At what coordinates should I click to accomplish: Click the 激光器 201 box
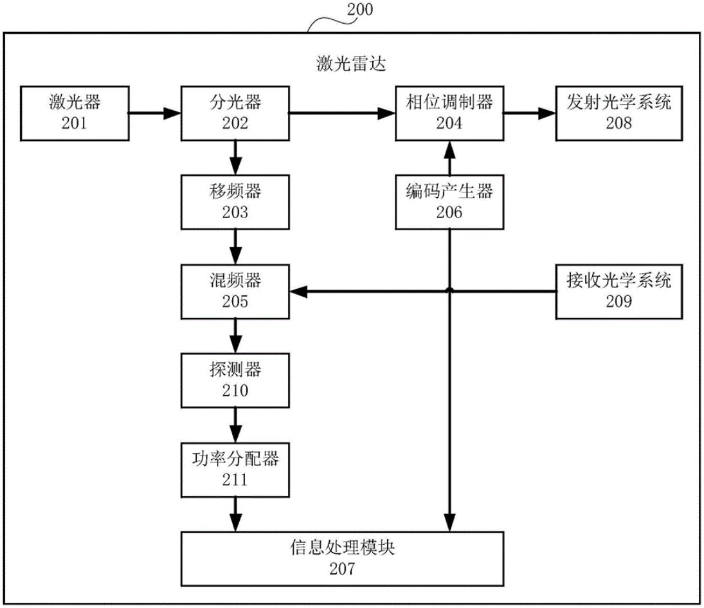point(75,115)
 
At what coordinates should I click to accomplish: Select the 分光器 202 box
point(235,115)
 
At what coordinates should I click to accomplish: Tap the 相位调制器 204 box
point(449,115)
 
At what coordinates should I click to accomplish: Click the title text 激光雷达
point(351,64)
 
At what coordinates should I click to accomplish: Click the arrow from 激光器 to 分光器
point(155,115)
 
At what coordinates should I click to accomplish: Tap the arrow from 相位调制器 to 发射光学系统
point(529,115)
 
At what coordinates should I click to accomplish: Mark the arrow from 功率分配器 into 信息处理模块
point(235,514)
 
